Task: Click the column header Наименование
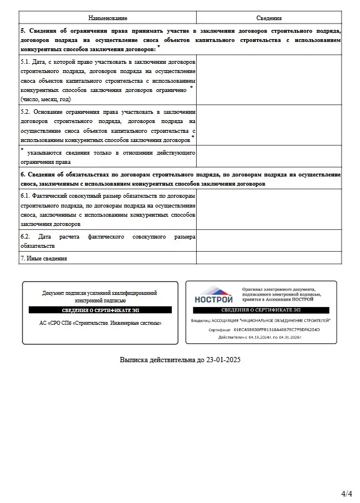click(107, 18)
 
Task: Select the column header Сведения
click(269, 18)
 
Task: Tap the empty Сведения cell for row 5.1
click(269, 81)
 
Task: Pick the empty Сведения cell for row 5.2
click(269, 125)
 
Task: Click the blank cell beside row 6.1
click(269, 210)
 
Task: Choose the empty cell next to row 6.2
click(269, 241)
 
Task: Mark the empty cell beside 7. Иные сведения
click(269, 258)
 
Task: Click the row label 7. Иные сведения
click(44, 258)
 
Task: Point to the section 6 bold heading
click(180, 179)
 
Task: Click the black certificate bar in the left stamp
click(100, 310)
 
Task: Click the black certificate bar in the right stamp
click(261, 310)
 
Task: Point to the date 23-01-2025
click(223, 360)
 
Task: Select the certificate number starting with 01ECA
click(277, 330)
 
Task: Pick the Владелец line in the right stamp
click(261, 320)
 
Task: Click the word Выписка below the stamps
click(134, 360)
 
